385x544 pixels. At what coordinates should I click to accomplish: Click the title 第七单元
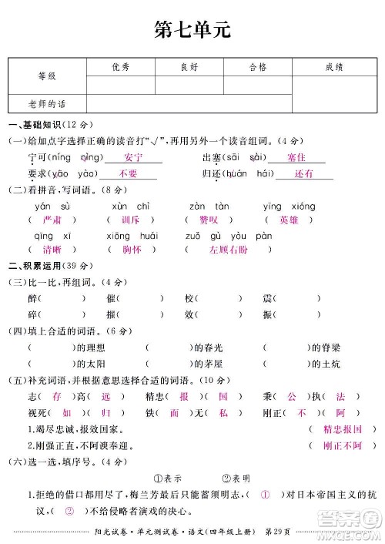click(192, 29)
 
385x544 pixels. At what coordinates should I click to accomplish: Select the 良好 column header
click(189, 68)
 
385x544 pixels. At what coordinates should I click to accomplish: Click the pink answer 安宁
click(133, 158)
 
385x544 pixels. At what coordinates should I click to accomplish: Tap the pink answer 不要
click(129, 174)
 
